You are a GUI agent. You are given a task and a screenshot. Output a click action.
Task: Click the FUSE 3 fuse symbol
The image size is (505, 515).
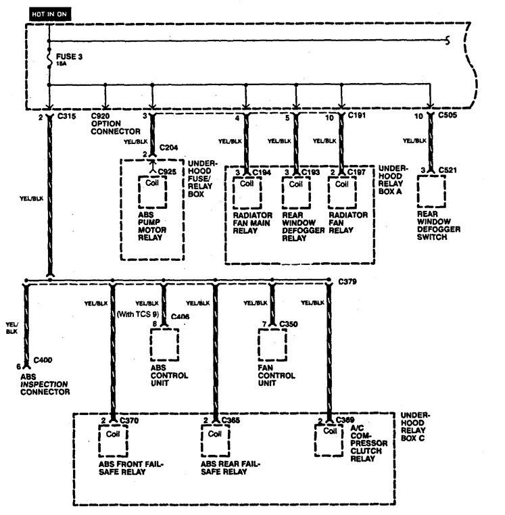click(x=49, y=59)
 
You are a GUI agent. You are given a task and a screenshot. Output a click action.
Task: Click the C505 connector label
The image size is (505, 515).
click(x=448, y=116)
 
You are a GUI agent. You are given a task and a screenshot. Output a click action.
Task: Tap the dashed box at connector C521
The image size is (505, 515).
click(x=431, y=191)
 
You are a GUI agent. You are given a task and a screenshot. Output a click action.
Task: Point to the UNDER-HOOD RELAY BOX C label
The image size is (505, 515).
click(x=417, y=428)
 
